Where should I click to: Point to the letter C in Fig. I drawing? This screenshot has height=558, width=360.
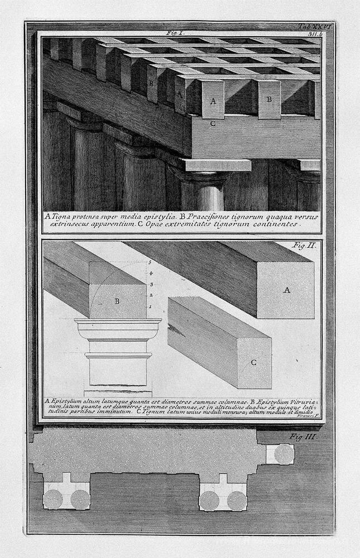[213, 124]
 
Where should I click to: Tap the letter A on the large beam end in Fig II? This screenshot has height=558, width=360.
[287, 290]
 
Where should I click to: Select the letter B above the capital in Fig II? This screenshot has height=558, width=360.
[117, 301]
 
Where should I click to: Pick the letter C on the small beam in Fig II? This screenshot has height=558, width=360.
[252, 362]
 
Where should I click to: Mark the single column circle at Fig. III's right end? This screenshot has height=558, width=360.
[284, 454]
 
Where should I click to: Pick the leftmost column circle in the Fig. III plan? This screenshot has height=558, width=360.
[53, 499]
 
